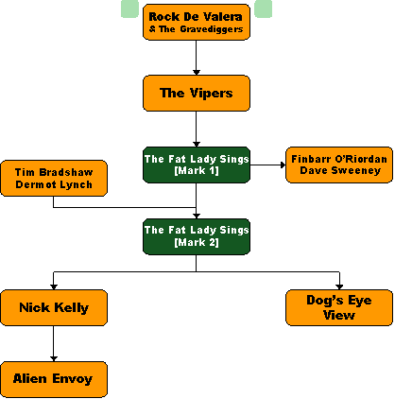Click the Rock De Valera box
pyautogui.click(x=197, y=22)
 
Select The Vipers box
pyautogui.click(x=197, y=93)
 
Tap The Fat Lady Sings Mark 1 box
pyautogui.click(x=197, y=165)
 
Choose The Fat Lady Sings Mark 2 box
pyautogui.click(x=197, y=236)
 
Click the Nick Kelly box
pyautogui.click(x=54, y=307)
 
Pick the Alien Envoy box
pyautogui.click(x=54, y=379)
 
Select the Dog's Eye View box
pyautogui.click(x=339, y=307)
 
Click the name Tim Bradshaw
pyautogui.click(x=54, y=172)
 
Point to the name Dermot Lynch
pyautogui.click(x=54, y=184)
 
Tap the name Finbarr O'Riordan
pyautogui.click(x=339, y=159)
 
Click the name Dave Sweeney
pyautogui.click(x=340, y=170)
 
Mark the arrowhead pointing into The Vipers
pyautogui.click(x=197, y=73)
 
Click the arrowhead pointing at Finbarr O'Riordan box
pyautogui.click(x=283, y=165)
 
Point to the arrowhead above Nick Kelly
pyautogui.click(x=54, y=287)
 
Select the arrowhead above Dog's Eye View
pyautogui.click(x=339, y=287)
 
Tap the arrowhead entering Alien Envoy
pyautogui.click(x=54, y=359)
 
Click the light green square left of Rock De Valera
pyautogui.click(x=129, y=9)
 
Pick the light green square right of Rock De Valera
pyautogui.click(x=263, y=9)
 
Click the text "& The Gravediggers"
pyautogui.click(x=196, y=29)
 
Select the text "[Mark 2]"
pyautogui.click(x=197, y=242)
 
